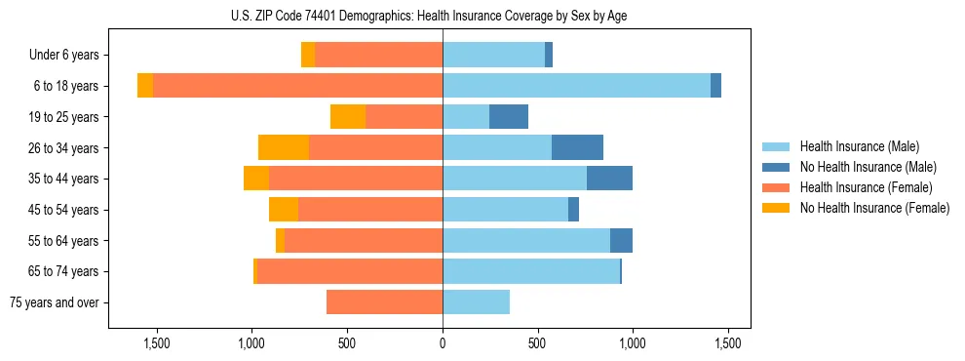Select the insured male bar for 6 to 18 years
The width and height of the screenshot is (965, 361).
[x=576, y=86]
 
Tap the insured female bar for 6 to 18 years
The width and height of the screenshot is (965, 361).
[x=297, y=86]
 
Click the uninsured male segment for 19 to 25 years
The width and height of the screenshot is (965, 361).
[x=509, y=117]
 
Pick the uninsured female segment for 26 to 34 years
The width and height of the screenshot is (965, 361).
[x=284, y=147]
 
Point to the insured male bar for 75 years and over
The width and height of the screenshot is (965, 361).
[x=476, y=302]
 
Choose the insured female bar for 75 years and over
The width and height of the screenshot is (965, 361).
[x=384, y=302]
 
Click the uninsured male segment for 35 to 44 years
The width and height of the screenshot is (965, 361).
[x=609, y=179]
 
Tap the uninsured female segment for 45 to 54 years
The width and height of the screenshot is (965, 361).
[x=284, y=210]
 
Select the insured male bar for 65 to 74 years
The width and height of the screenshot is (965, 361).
[x=531, y=271]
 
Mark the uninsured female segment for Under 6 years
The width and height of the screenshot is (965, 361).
[x=308, y=55]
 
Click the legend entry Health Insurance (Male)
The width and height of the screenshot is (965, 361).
[x=859, y=146]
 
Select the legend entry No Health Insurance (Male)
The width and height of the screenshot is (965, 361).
[x=868, y=167]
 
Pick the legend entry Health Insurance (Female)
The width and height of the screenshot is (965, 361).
[x=867, y=187]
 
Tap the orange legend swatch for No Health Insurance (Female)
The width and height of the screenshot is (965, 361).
[x=777, y=208]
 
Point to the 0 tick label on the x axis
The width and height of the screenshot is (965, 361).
[x=443, y=343]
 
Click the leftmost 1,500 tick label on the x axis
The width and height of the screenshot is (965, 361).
[x=157, y=343]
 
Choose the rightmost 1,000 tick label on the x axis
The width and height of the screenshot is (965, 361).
[x=633, y=343]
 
